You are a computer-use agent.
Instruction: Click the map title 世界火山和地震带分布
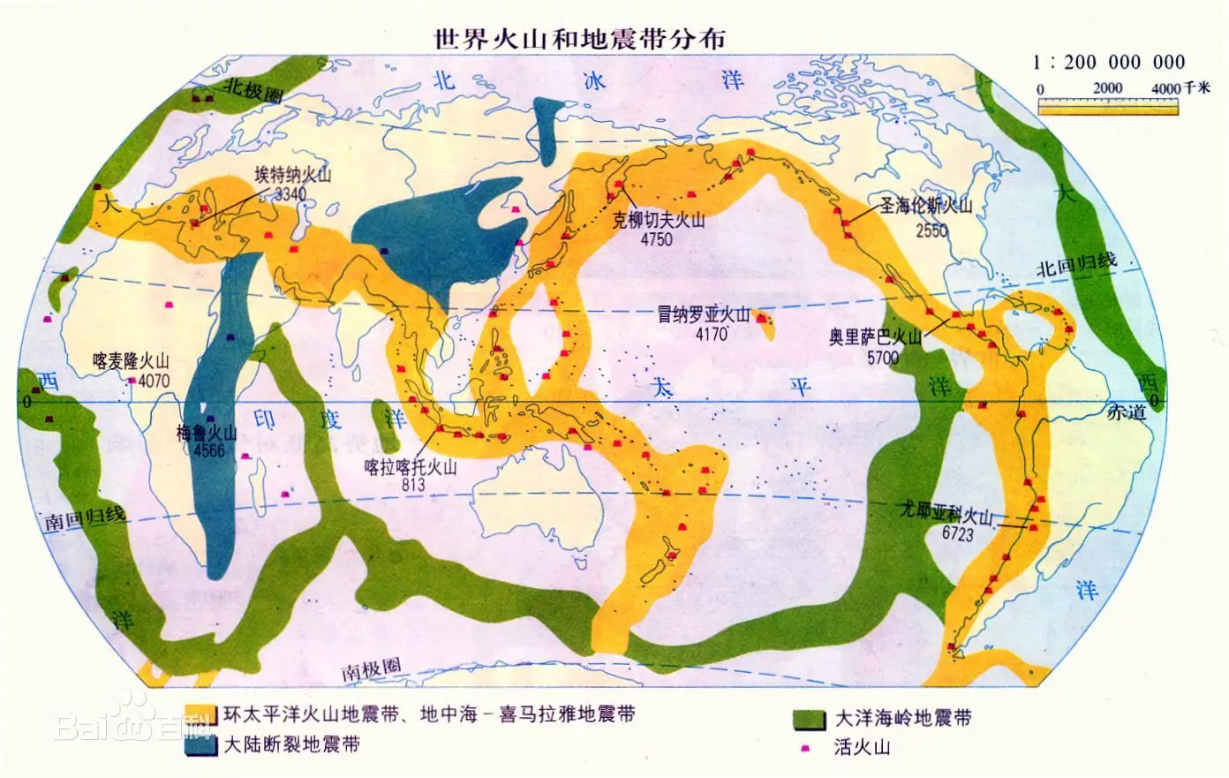(580, 39)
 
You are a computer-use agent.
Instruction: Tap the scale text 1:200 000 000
(1109, 62)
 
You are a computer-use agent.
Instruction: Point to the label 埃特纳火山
(292, 175)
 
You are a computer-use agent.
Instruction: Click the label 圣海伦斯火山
(925, 207)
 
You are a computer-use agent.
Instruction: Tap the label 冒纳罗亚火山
(703, 314)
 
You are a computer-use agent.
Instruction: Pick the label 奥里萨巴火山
(875, 338)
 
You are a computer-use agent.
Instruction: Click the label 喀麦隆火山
(131, 361)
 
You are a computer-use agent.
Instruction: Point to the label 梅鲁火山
(207, 433)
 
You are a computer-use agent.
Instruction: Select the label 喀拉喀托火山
(412, 467)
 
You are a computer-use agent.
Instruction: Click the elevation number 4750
(655, 239)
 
